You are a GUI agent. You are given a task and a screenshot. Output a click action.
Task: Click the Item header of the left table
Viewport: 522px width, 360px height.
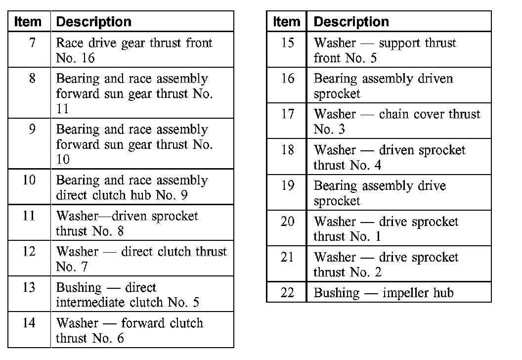28,22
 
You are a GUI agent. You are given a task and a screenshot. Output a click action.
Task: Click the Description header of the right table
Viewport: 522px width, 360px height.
351,22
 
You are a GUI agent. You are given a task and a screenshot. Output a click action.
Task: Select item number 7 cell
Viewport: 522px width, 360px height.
32,44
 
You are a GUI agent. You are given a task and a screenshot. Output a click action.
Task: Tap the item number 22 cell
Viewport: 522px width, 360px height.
287,293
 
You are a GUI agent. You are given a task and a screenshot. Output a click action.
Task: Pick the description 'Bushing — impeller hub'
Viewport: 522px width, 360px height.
383,293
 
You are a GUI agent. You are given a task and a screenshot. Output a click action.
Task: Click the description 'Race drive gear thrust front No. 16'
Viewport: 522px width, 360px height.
134,50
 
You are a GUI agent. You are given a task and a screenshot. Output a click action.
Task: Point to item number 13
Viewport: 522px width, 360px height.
30,288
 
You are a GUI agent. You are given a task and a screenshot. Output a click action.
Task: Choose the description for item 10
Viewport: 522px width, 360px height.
132,187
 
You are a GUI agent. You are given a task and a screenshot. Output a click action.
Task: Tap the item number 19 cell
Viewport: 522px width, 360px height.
287,186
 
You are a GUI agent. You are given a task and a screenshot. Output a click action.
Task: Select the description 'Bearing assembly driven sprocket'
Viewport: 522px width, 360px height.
383,86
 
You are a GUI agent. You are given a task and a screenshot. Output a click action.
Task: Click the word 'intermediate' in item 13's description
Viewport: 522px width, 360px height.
90,302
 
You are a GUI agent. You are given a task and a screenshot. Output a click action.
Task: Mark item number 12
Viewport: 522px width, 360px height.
30,252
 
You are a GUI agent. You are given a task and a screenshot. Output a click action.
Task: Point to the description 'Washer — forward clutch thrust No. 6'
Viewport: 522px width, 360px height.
130,330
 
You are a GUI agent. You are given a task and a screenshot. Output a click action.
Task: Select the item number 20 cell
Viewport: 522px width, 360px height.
287,222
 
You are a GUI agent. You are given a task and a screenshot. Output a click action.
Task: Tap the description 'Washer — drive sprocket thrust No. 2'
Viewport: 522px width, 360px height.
386,265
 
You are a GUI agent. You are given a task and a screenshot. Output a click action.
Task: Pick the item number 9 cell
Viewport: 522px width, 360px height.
32,130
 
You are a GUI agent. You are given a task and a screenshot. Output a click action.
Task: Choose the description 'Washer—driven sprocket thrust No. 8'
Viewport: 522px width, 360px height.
127,223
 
